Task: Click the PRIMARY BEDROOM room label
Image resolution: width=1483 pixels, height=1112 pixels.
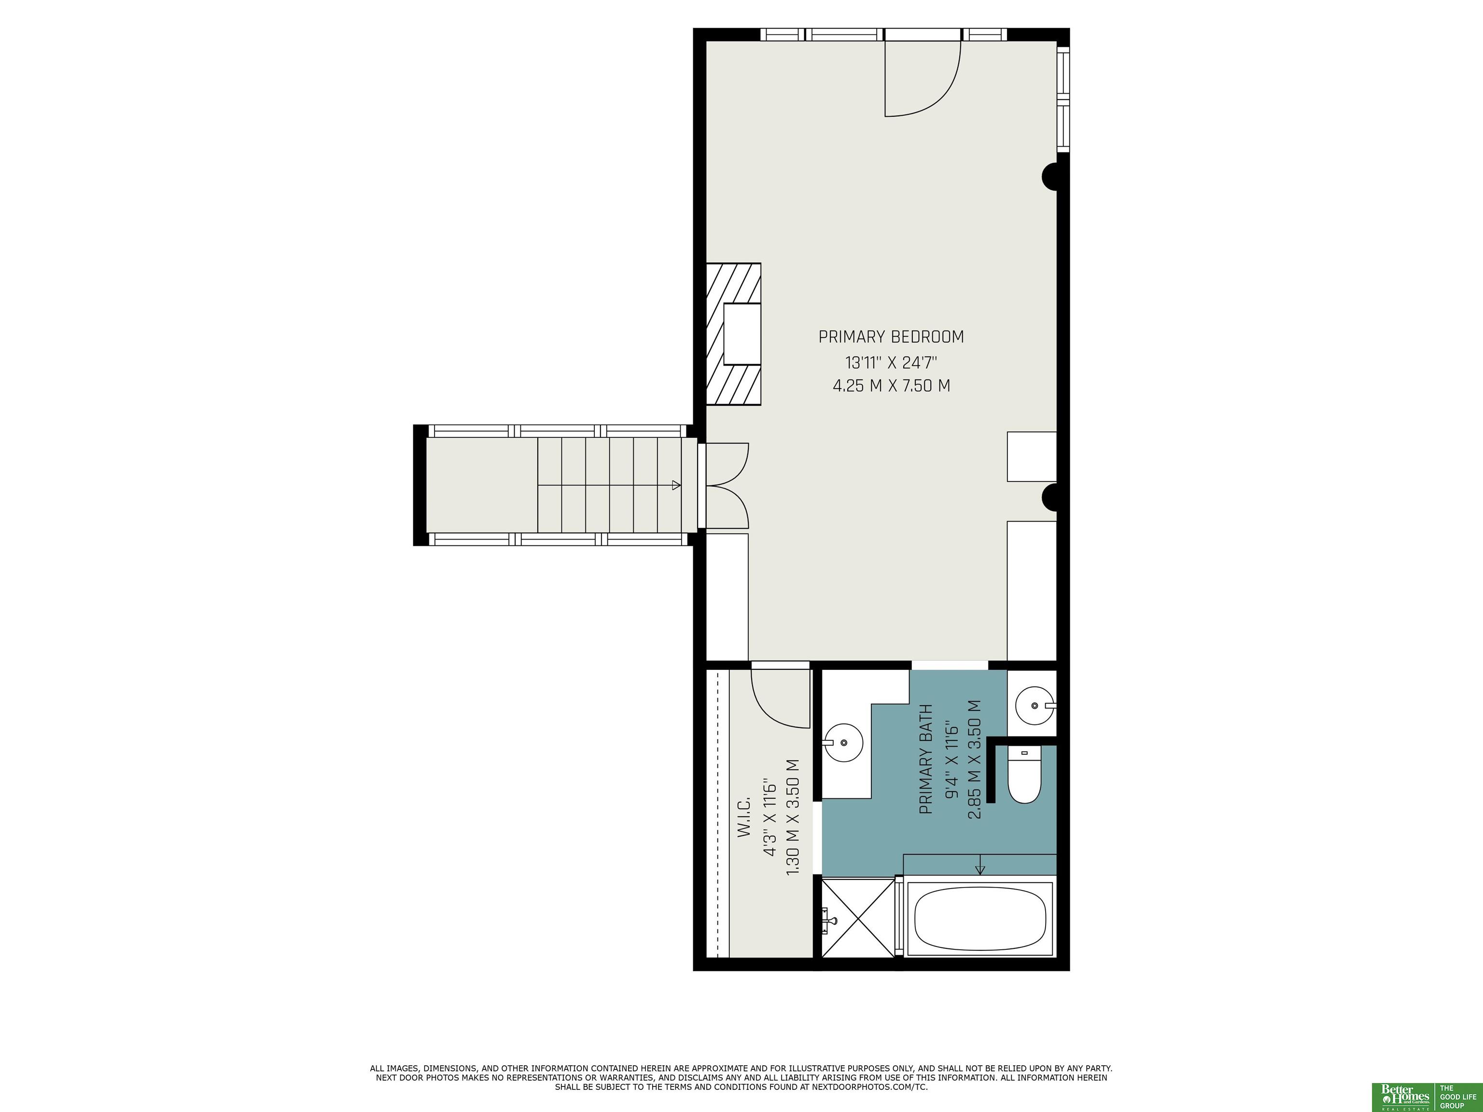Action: pyautogui.click(x=891, y=336)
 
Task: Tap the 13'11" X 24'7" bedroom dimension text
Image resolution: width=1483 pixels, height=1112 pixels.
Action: pyautogui.click(x=891, y=362)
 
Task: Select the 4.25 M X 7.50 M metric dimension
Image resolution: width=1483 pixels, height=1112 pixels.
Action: pyautogui.click(x=891, y=386)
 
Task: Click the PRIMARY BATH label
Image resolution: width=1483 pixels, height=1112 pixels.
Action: pyautogui.click(x=926, y=759)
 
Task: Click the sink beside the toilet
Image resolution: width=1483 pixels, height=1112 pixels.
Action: pyautogui.click(x=1035, y=705)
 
